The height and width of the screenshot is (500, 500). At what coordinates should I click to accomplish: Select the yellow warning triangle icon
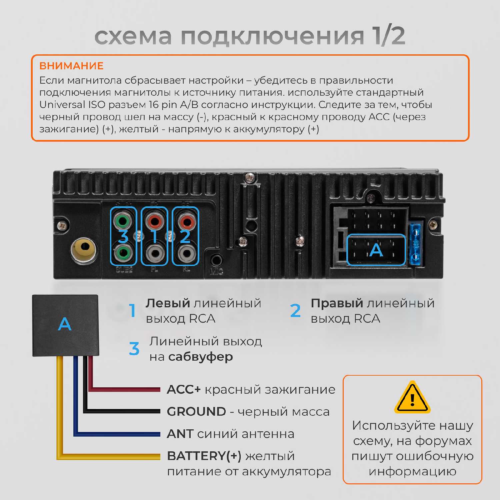(x=412, y=397)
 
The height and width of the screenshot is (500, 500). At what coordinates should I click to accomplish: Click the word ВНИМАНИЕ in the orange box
(x=71, y=66)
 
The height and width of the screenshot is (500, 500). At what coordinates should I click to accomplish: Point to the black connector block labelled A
(x=65, y=325)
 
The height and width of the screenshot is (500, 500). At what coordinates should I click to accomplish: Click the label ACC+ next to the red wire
(x=184, y=389)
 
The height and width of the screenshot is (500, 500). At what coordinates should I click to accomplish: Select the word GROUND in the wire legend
(x=197, y=411)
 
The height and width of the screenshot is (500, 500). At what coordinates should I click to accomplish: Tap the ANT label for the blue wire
(x=180, y=434)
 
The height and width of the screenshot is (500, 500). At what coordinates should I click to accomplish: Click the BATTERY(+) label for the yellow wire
(x=204, y=456)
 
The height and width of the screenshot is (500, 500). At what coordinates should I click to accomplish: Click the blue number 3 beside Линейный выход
(x=134, y=349)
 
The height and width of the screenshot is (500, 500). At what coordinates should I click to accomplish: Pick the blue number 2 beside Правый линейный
(x=295, y=310)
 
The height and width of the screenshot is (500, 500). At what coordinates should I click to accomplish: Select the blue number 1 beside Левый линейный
(x=133, y=310)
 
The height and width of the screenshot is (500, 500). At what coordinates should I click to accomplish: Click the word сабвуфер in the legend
(x=201, y=357)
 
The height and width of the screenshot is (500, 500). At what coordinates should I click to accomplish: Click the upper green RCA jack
(x=123, y=220)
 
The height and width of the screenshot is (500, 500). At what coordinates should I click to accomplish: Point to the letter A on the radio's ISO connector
(x=376, y=250)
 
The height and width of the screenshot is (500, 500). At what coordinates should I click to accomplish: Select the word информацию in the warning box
(x=412, y=471)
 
